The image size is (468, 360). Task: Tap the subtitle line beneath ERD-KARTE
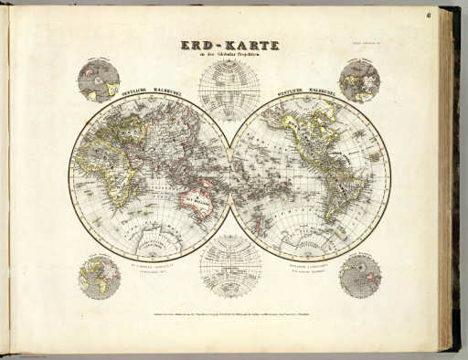228,56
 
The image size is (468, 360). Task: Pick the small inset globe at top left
98,79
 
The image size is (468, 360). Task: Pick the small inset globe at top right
359,79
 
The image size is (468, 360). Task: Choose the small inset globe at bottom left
99,277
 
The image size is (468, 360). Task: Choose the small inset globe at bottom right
360,277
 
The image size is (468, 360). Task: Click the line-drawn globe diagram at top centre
229,90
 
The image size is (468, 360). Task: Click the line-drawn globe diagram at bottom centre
229,266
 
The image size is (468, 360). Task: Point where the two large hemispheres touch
230,177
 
